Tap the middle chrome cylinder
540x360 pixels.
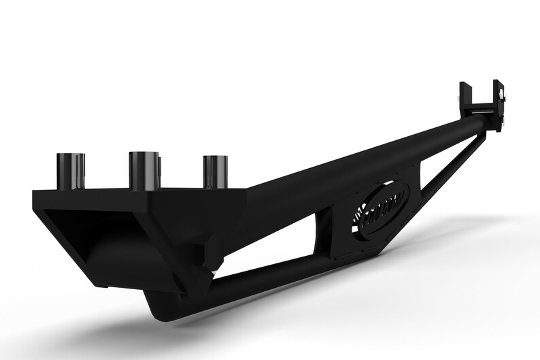(x=144, y=171)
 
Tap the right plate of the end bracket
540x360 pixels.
(x=500, y=102)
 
